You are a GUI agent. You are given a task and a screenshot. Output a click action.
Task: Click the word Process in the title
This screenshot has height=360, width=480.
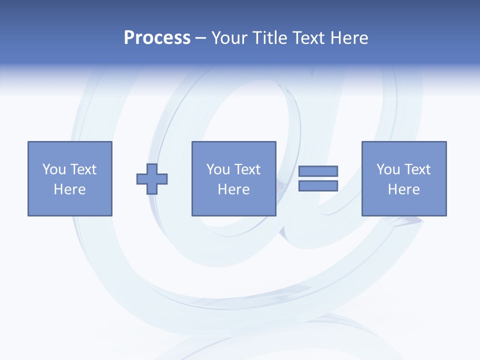(x=157, y=38)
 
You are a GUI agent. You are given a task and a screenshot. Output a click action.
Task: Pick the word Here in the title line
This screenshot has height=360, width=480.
(x=349, y=38)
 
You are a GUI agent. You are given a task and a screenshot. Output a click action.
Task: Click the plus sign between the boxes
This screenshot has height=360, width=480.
(x=152, y=178)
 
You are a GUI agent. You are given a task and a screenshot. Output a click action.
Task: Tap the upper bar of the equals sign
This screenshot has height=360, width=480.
(x=318, y=171)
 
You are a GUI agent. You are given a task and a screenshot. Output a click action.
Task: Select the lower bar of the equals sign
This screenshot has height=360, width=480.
(x=318, y=185)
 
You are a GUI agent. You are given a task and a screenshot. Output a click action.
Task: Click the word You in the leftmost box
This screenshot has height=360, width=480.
(x=54, y=169)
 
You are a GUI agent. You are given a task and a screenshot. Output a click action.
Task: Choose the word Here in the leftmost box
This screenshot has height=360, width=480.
(x=69, y=189)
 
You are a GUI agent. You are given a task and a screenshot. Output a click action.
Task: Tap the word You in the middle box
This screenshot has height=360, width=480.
(x=218, y=169)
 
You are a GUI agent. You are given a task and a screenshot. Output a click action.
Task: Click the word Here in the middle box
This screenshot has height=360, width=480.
(x=233, y=189)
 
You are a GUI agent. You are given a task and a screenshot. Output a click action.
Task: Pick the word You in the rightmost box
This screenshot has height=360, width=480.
(x=388, y=169)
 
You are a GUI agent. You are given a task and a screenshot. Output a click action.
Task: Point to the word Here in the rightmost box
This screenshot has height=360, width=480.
(x=403, y=189)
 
